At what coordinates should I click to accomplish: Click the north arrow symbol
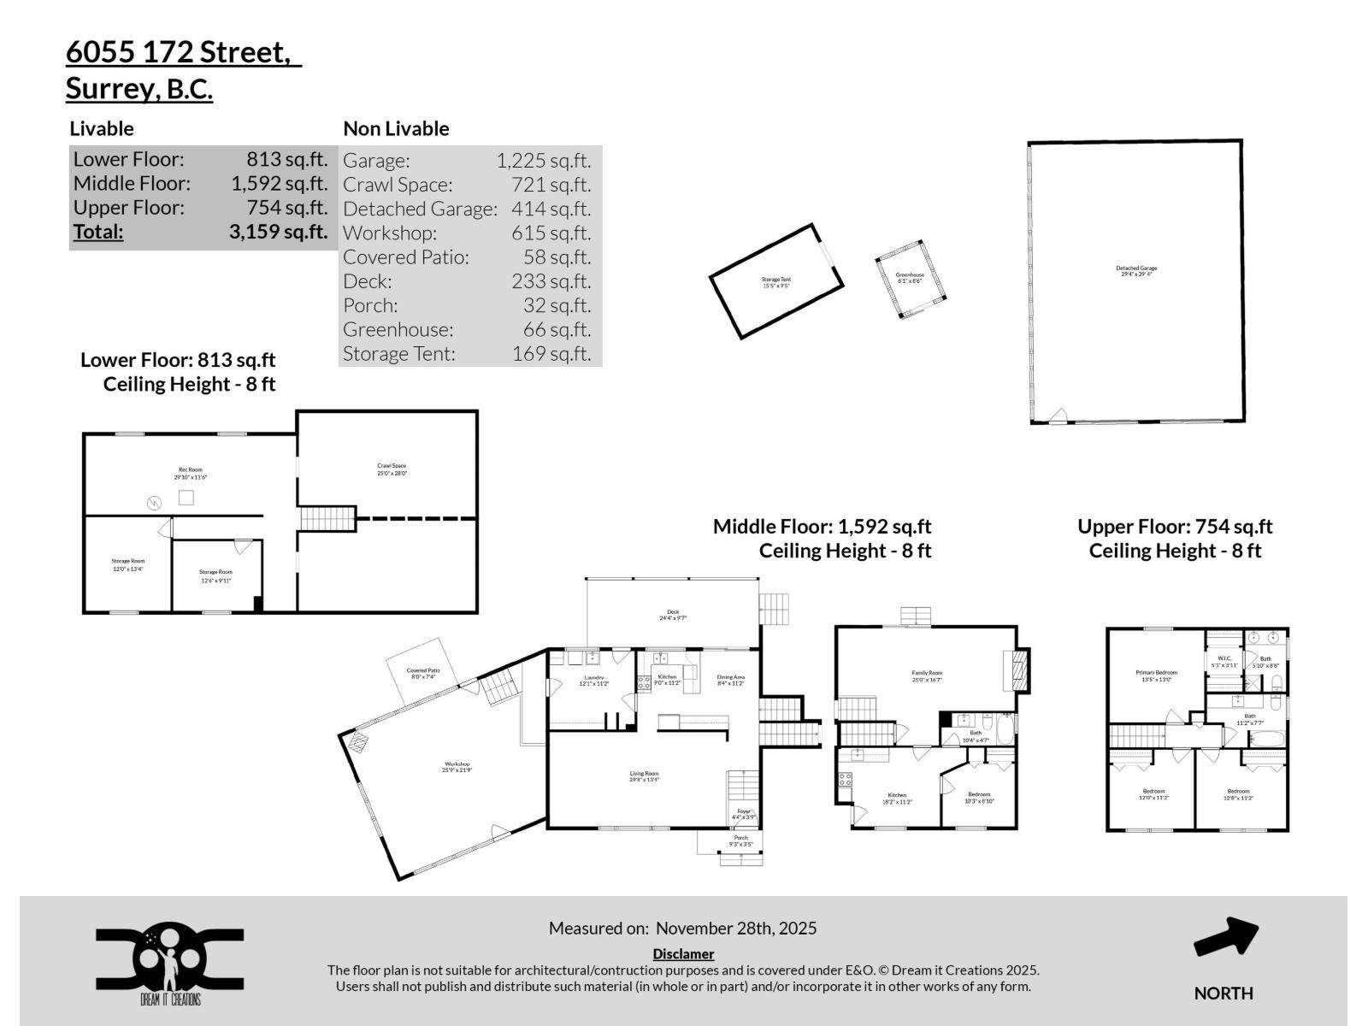pyautogui.click(x=1225, y=938)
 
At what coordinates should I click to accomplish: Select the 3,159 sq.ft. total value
pyautogui.click(x=278, y=232)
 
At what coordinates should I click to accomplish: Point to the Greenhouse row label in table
pyautogui.click(x=398, y=329)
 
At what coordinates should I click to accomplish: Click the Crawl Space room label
pyautogui.click(x=392, y=469)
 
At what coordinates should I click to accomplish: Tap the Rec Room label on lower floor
pyautogui.click(x=190, y=473)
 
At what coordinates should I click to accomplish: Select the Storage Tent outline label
pyautogui.click(x=775, y=282)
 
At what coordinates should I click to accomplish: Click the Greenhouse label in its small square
pyautogui.click(x=910, y=278)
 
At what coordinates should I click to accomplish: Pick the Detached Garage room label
pyautogui.click(x=1136, y=271)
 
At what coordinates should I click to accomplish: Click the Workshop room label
pyautogui.click(x=457, y=767)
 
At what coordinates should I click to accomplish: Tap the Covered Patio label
pyautogui.click(x=422, y=674)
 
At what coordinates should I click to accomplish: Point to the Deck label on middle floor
pyautogui.click(x=673, y=614)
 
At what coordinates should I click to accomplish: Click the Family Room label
pyautogui.click(x=926, y=676)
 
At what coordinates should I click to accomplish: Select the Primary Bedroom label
pyautogui.click(x=1156, y=675)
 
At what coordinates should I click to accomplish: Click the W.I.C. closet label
pyautogui.click(x=1224, y=661)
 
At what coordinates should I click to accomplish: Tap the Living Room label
pyautogui.click(x=644, y=775)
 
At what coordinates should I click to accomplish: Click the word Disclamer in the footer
pyautogui.click(x=682, y=953)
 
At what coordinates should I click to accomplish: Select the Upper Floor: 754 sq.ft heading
pyautogui.click(x=1174, y=527)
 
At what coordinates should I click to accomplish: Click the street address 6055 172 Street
pyautogui.click(x=182, y=52)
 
